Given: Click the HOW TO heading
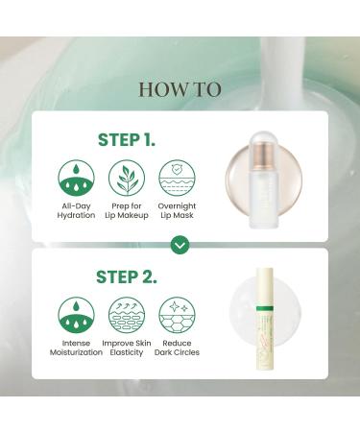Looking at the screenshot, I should pyautogui.click(x=180, y=89).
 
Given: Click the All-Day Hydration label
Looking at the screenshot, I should pyautogui.click(x=76, y=209).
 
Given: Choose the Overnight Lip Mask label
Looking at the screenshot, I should pyautogui.click(x=177, y=209).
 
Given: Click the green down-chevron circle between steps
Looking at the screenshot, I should pyautogui.click(x=180, y=245).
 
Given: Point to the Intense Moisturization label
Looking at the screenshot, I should pyautogui.click(x=76, y=347).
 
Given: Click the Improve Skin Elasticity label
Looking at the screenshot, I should pyautogui.click(x=127, y=347).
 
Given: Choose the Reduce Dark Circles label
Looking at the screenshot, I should pyautogui.click(x=177, y=347).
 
